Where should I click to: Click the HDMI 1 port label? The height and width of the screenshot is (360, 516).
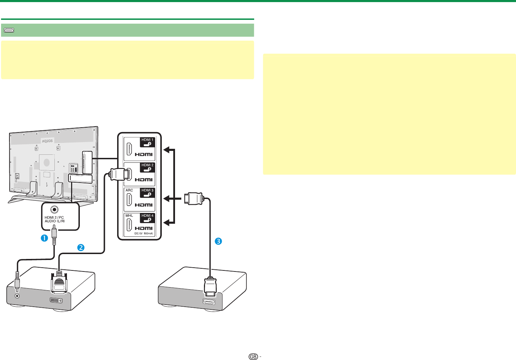(147, 140)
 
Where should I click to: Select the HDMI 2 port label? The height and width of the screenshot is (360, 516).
(147, 165)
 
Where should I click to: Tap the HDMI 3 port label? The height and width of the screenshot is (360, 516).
(147, 190)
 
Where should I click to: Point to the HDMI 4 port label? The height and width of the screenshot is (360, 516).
(147, 215)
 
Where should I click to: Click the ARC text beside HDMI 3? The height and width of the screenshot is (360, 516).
(129, 190)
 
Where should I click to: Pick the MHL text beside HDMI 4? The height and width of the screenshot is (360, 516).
(129, 215)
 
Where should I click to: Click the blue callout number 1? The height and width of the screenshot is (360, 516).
(44, 238)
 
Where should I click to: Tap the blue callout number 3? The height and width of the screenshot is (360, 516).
(218, 241)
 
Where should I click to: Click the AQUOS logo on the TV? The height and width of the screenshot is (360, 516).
(47, 141)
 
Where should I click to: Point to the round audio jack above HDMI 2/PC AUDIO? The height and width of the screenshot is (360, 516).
(54, 210)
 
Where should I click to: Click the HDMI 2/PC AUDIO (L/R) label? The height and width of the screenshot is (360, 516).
(54, 219)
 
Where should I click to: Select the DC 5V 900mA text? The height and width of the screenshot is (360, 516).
(144, 233)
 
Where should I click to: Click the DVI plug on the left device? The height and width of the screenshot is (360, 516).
(59, 282)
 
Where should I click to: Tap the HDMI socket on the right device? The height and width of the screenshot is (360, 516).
(209, 302)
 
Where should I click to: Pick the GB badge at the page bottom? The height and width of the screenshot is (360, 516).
(253, 357)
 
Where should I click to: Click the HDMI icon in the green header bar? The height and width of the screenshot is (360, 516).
(9, 30)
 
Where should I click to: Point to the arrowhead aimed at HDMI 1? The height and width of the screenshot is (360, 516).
(168, 150)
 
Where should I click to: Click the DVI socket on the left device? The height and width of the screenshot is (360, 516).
(56, 300)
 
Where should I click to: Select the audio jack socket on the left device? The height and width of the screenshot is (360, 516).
(17, 296)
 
